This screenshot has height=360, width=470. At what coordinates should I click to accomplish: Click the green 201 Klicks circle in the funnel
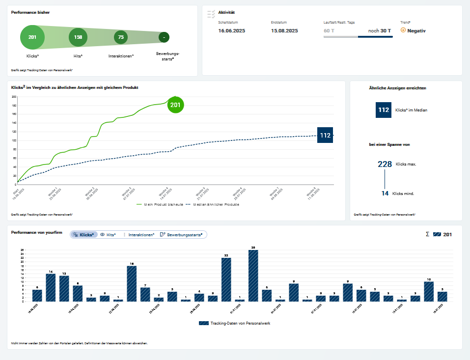click(x=32, y=37)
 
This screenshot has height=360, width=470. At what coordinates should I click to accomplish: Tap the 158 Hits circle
click(x=78, y=37)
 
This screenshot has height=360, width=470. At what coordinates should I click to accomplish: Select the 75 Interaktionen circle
click(x=120, y=37)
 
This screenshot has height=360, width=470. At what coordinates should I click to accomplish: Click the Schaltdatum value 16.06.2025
click(x=231, y=30)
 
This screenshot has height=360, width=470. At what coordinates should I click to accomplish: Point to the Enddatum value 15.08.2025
click(x=284, y=30)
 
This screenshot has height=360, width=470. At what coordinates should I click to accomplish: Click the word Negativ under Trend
click(x=416, y=30)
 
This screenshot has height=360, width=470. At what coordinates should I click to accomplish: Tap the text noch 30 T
click(x=380, y=30)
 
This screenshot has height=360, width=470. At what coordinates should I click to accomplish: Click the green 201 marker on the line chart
click(x=175, y=105)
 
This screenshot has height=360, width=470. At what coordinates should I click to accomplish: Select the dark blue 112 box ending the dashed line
click(x=325, y=136)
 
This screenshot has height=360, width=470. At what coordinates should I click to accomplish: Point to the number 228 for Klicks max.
click(x=385, y=164)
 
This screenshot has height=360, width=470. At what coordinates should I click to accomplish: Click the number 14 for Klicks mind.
click(x=385, y=194)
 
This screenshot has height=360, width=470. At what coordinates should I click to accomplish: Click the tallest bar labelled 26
click(x=253, y=276)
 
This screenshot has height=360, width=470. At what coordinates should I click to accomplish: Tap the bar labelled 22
click(x=226, y=279)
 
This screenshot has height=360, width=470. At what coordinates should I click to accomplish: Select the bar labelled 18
click(x=132, y=283)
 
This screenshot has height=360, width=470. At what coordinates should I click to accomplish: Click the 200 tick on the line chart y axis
click(x=14, y=97)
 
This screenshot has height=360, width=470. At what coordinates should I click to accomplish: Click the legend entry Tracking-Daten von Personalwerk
click(x=235, y=323)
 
